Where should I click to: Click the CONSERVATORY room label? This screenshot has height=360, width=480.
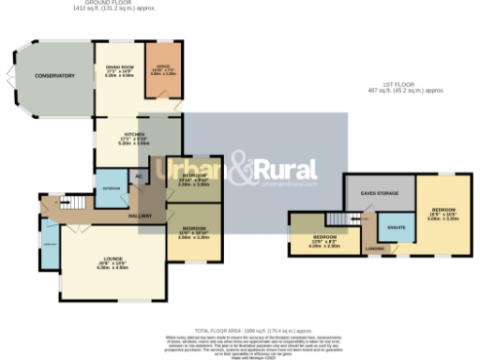(x=54, y=76)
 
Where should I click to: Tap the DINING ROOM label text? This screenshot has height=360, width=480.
(x=117, y=67)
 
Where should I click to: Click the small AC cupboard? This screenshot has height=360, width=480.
(x=140, y=176)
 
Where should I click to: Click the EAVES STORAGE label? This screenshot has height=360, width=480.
(x=382, y=193)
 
